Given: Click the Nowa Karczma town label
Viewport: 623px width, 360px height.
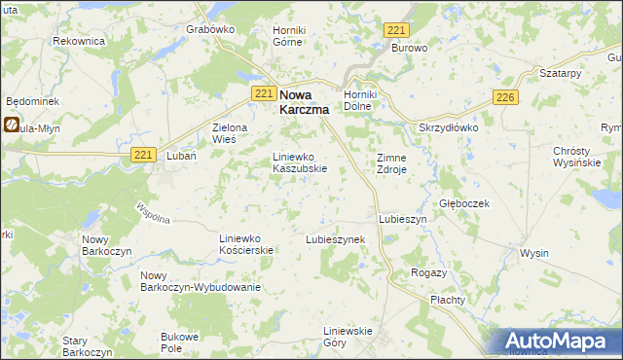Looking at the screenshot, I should point(304,102).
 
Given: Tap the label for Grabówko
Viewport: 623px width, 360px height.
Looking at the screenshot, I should point(211,29).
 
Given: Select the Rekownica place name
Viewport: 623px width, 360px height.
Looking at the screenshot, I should point(78,41).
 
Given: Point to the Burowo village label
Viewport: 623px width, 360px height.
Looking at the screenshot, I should point(410,47).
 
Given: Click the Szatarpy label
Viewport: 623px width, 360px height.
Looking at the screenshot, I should point(560,74).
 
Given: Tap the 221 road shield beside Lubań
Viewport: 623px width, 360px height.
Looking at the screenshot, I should point(143,155).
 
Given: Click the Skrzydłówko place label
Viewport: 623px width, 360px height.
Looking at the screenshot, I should point(449,128).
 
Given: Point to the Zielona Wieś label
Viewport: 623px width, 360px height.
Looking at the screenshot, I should point(231,133).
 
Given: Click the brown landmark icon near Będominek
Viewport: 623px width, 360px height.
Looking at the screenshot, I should point(11,125).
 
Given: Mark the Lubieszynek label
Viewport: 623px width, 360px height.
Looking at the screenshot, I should point(335,238).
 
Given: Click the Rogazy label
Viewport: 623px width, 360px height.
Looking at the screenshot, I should point(429,272).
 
